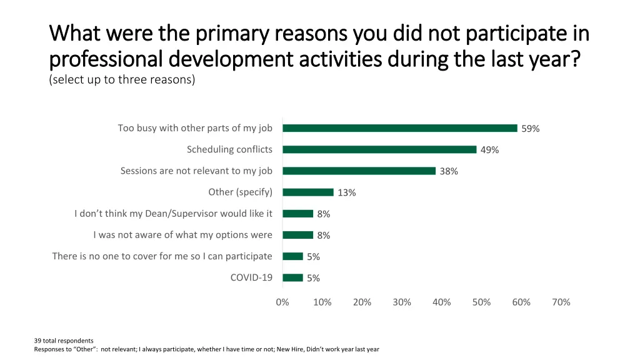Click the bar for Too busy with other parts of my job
tap(400, 128)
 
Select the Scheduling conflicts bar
tap(379, 149)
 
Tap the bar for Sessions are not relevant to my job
tap(359, 171)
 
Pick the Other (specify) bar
tap(308, 192)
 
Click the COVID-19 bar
tap(292, 277)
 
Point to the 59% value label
tap(531, 129)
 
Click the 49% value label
tap(489, 150)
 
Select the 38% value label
tap(449, 171)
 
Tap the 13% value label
tap(347, 192)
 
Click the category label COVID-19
tap(251, 277)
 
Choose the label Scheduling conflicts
tap(229, 149)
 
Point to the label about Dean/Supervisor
tap(173, 214)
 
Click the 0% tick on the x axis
tap(282, 302)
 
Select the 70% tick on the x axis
tap(561, 302)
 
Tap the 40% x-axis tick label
tap(441, 302)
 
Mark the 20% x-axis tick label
tap(362, 302)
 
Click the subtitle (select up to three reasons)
tap(122, 80)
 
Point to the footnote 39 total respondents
tap(64, 341)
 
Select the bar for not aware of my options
tap(297, 235)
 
